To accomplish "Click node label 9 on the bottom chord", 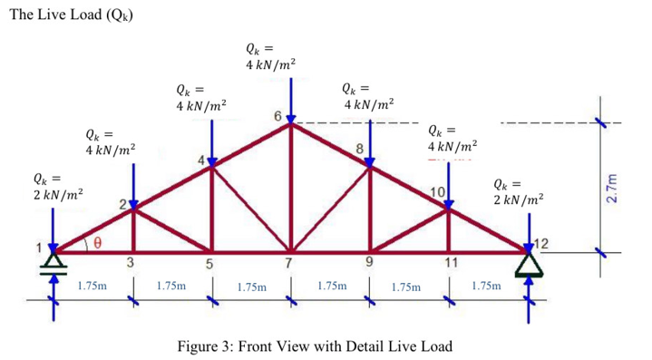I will click(x=370, y=264).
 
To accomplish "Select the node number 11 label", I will click(x=450, y=264).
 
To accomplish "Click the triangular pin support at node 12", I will click(x=529, y=262).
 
